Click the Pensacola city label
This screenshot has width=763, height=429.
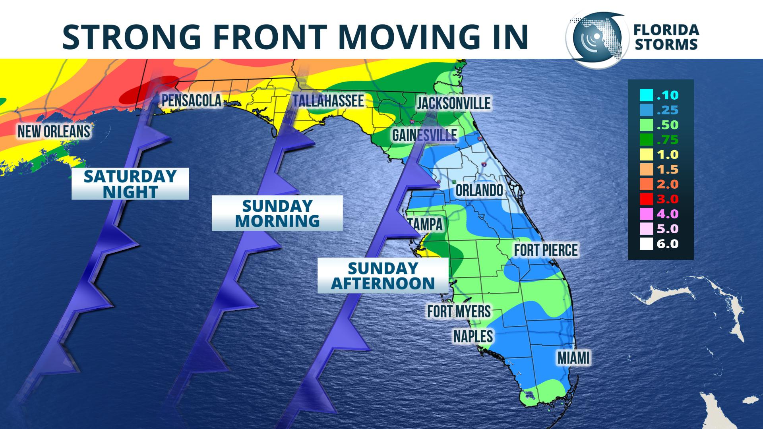coord(191,100)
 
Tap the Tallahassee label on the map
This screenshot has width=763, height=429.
coord(328,101)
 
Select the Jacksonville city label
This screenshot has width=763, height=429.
coord(453,103)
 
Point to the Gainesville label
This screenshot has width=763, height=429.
coord(424,135)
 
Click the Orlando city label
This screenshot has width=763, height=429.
coord(479,190)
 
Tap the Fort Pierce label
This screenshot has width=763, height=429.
coord(546,250)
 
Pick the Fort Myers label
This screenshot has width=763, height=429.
coord(459,311)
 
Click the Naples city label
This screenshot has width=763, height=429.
coord(473,336)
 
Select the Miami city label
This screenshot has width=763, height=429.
coord(573,358)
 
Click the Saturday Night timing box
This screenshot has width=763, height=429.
coord(130,184)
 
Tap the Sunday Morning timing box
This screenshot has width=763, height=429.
coord(277,213)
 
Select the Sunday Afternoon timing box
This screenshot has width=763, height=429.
coord(383,276)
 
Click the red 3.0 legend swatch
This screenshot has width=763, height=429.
coord(646,199)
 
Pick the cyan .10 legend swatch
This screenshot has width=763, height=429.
coord(646,95)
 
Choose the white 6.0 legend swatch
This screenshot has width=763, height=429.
coord(646,244)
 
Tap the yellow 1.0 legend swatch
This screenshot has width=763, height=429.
coord(646,155)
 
